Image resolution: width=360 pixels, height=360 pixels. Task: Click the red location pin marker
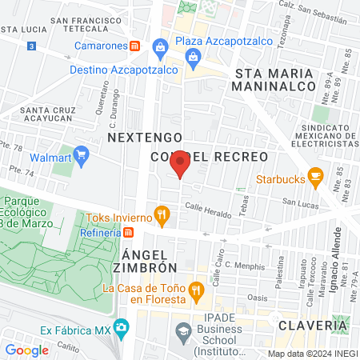pyautogui.click(x=181, y=163)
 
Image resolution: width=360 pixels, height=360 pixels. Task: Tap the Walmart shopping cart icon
pyautogui.click(x=80, y=153)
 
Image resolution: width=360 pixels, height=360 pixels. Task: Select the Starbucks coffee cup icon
pyautogui.click(x=315, y=175)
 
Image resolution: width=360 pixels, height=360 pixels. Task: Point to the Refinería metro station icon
pyautogui.click(x=128, y=232)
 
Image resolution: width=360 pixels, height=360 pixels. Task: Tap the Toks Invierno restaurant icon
pyautogui.click(x=162, y=214)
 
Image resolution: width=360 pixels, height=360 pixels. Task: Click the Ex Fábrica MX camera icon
pyautogui.click(x=121, y=327)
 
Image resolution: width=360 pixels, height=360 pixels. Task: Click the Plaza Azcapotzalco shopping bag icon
pyautogui.click(x=161, y=46)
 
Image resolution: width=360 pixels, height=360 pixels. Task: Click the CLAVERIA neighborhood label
pyautogui.click(x=313, y=326)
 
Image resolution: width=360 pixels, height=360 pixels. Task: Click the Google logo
pyautogui.click(x=26, y=350)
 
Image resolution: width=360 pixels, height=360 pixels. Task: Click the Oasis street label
pyautogui.click(x=258, y=297)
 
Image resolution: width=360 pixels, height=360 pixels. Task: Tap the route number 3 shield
pyautogui.click(x=30, y=46)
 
